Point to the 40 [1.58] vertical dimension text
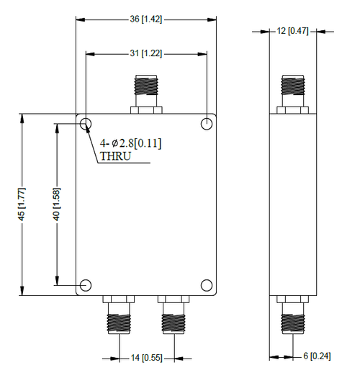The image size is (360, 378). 56,204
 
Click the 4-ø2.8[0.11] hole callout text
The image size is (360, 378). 130,143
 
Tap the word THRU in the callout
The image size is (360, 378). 116,156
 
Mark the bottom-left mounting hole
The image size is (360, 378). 86,285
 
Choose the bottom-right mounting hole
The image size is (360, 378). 207,285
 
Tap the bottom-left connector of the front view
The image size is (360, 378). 117,315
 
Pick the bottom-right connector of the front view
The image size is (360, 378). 175,315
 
